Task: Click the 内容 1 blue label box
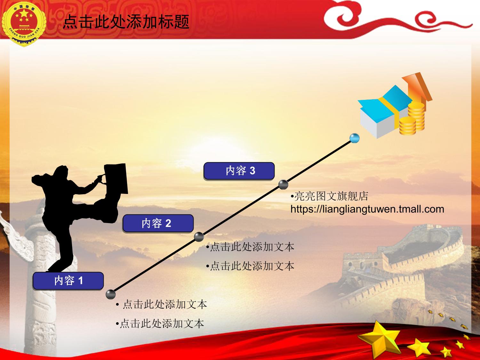[x=68, y=281]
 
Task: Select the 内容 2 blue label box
[x=158, y=223]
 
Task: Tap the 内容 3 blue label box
[x=239, y=171]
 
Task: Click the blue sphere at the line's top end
[x=354, y=138]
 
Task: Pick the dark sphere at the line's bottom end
[x=111, y=294]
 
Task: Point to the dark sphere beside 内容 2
[x=199, y=237]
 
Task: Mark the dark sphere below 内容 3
[x=283, y=185]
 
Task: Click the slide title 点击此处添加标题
[x=126, y=22]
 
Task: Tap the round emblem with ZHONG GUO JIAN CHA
[x=24, y=24]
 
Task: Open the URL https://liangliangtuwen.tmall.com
[x=367, y=209]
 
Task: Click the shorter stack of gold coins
[x=407, y=126]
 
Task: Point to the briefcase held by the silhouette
[x=116, y=179]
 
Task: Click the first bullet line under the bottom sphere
[x=162, y=304]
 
